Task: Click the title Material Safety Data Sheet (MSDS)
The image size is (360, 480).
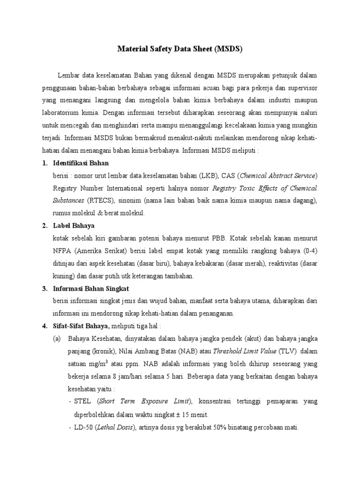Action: [180, 49]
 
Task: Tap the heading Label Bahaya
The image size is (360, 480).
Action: [74, 225]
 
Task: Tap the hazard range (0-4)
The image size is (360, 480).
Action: [307, 251]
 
